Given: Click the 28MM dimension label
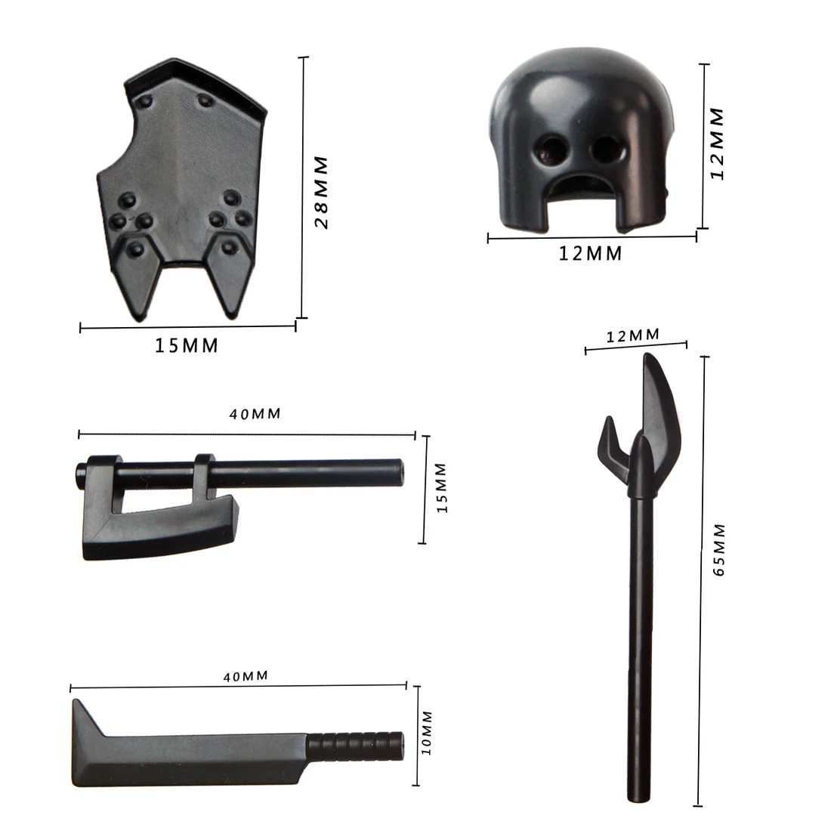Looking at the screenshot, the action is (321, 193).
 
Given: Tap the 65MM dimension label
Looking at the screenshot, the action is (718, 549).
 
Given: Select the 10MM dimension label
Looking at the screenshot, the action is (427, 733).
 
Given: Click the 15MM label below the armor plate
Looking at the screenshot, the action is (186, 345).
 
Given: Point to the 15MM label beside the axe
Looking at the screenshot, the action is (442, 488).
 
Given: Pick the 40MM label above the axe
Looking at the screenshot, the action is (255, 414).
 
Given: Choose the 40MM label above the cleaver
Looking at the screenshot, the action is (246, 676).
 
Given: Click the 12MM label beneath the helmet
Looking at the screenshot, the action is (591, 254).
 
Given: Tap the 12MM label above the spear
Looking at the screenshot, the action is (633, 335).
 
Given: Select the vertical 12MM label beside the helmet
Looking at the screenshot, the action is (716, 144).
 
